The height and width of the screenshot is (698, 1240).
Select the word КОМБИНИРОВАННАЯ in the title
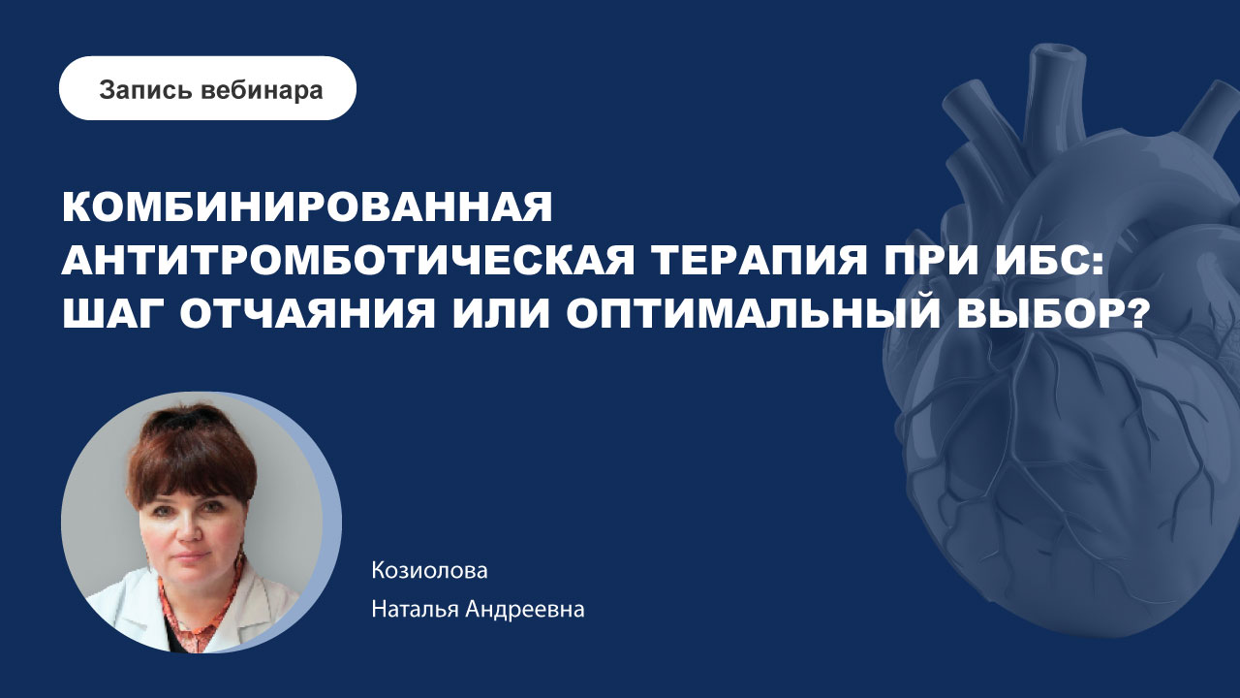pos(307,206)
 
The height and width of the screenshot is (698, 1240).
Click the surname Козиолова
pos(429,571)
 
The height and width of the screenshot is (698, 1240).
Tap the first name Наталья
pos(413,611)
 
